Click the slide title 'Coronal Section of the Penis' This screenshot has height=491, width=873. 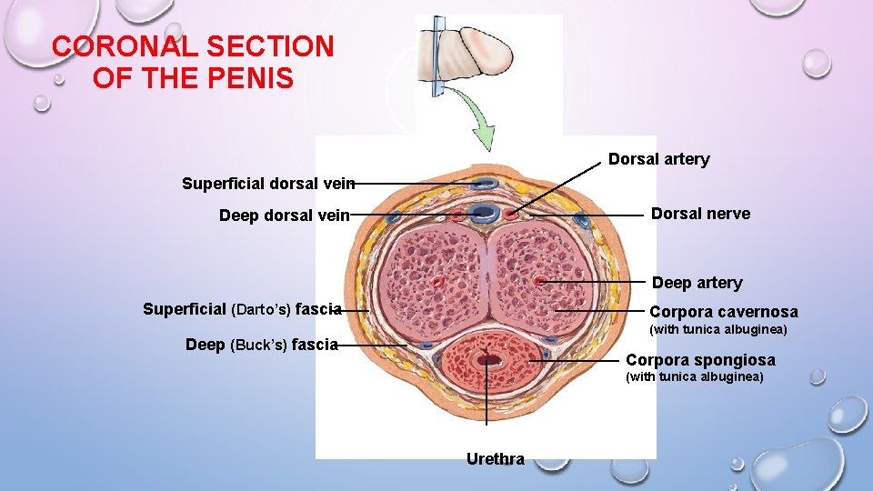tap(193, 62)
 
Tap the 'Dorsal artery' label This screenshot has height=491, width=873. tap(658, 160)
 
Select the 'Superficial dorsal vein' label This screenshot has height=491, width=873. tap(267, 184)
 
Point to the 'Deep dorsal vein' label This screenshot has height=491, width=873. tap(284, 215)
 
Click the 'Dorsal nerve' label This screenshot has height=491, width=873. tap(700, 214)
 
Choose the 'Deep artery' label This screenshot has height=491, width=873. tap(697, 283)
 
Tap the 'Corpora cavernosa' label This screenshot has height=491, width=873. tap(723, 312)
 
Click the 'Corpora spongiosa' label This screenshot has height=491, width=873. tap(700, 360)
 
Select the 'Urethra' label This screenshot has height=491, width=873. tap(495, 459)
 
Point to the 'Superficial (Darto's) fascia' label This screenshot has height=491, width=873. tap(242, 309)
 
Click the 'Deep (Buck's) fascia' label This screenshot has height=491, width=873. tap(261, 345)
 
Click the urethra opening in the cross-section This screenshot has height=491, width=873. tap(492, 361)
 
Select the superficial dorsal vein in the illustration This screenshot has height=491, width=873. tap(486, 184)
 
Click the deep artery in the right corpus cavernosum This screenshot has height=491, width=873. tap(540, 281)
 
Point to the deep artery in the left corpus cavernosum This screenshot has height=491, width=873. tap(439, 282)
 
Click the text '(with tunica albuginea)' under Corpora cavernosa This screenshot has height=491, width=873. tap(717, 328)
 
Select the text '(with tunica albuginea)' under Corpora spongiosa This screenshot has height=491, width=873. tap(694, 376)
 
